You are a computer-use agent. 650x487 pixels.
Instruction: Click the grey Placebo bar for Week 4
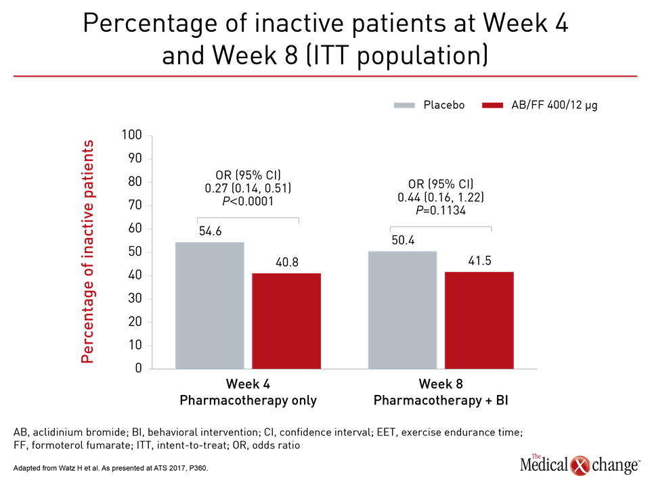tap(210, 305)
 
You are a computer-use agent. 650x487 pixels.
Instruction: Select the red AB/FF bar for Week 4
tap(286, 321)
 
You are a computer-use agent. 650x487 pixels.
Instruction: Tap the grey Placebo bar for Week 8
tap(402, 310)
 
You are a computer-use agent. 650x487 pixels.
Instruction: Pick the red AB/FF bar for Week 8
tap(479, 320)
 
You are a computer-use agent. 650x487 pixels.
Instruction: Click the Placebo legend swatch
tap(404, 106)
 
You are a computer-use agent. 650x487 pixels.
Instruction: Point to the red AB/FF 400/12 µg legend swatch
tap(492, 106)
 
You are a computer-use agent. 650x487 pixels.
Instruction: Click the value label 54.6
tap(210, 231)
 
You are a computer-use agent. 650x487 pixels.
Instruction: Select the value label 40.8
tap(287, 262)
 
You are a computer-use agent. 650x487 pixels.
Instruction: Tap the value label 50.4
tap(403, 240)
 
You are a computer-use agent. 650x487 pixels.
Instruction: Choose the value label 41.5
tap(479, 260)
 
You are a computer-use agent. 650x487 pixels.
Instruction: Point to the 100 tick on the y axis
tap(131, 135)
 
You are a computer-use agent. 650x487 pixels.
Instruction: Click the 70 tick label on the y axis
tap(135, 205)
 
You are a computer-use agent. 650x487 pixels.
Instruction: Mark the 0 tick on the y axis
tap(138, 368)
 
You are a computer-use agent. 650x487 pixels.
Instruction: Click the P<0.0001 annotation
tap(248, 202)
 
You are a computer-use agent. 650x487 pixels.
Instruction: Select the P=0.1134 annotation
tap(441, 211)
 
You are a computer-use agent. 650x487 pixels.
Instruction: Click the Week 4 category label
tap(248, 384)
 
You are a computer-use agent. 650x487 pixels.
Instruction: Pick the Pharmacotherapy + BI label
tap(441, 400)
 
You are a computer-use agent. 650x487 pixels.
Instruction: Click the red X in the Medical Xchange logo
tap(580, 465)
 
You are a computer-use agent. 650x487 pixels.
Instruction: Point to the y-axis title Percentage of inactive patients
tap(87, 252)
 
